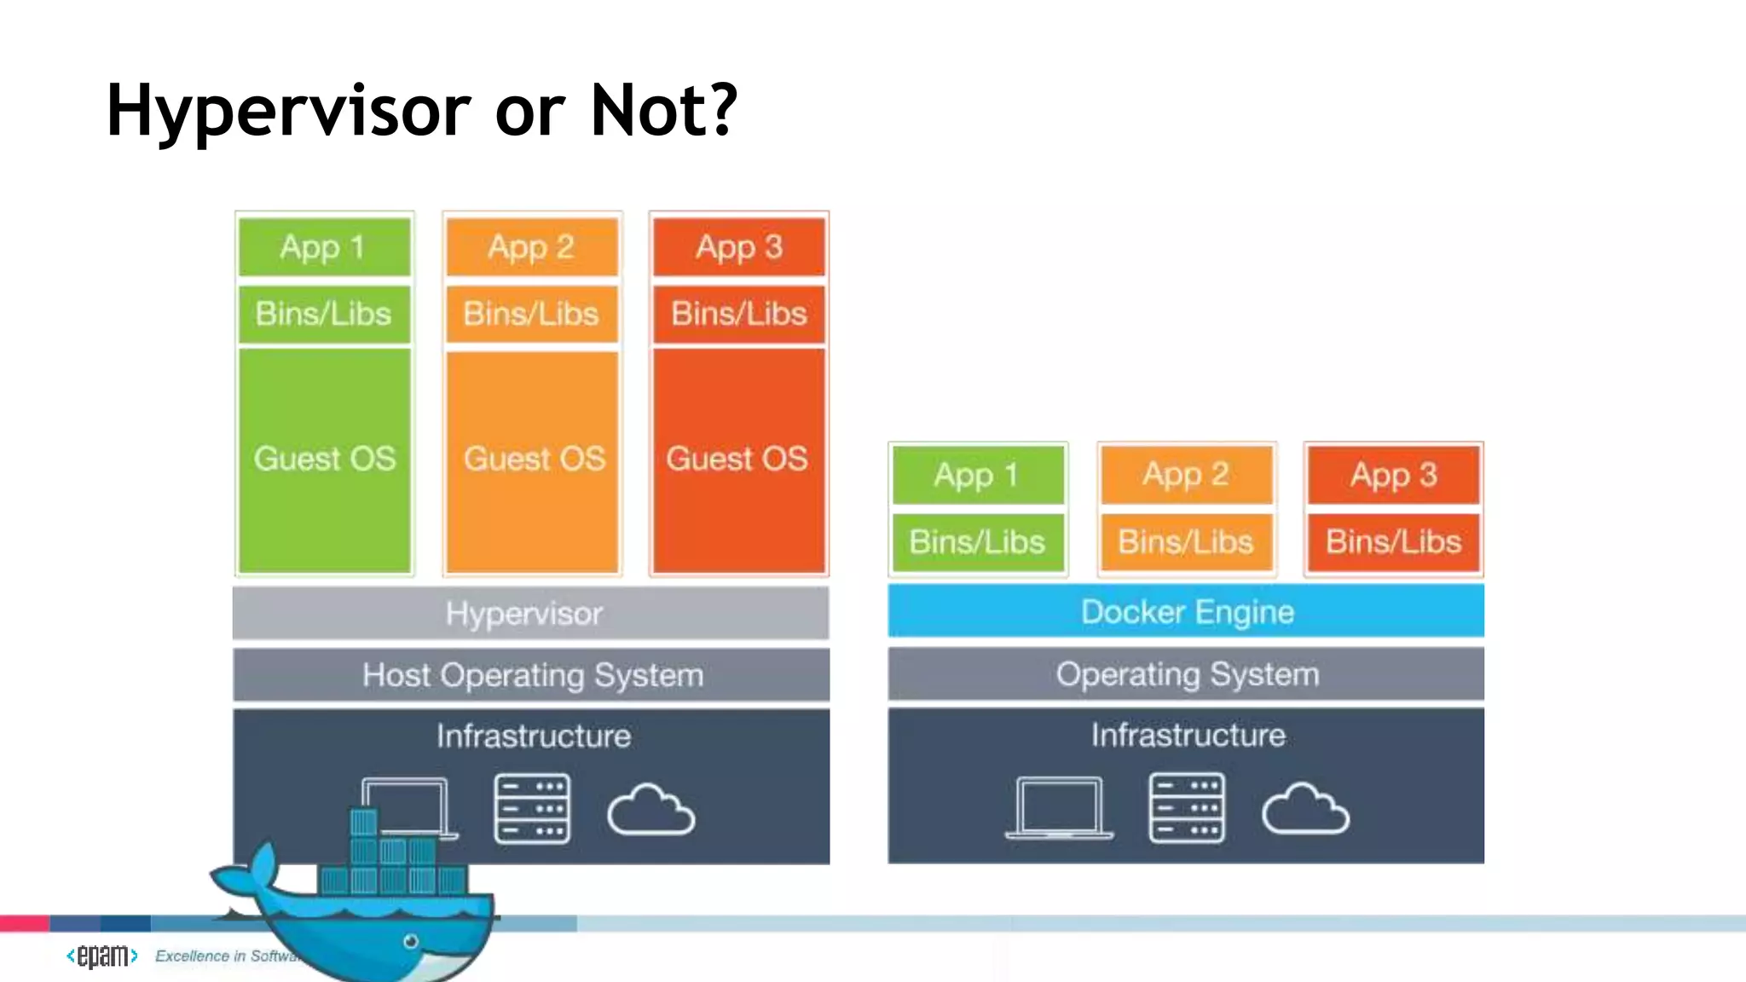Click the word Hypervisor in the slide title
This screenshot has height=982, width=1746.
tap(287, 111)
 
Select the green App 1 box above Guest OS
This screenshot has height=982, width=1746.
tap(324, 247)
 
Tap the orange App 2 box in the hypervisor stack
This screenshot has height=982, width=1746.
tap(532, 247)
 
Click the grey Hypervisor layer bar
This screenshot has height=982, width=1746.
tap(530, 613)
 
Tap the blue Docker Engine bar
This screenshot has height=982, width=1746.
tap(1186, 611)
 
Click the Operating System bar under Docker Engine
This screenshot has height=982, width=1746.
tap(1186, 674)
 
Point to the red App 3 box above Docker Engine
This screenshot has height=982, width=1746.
tap(1394, 475)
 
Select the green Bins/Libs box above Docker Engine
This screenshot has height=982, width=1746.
tap(978, 542)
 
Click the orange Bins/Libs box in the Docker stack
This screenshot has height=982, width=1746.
tap(1186, 542)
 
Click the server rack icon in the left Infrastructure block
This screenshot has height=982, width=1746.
tap(532, 809)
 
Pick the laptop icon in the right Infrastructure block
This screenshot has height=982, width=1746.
tap(1059, 807)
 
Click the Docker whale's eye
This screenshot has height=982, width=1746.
tap(411, 941)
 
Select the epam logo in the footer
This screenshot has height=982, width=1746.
tap(102, 956)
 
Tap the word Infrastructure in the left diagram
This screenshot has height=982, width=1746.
tap(534, 736)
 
